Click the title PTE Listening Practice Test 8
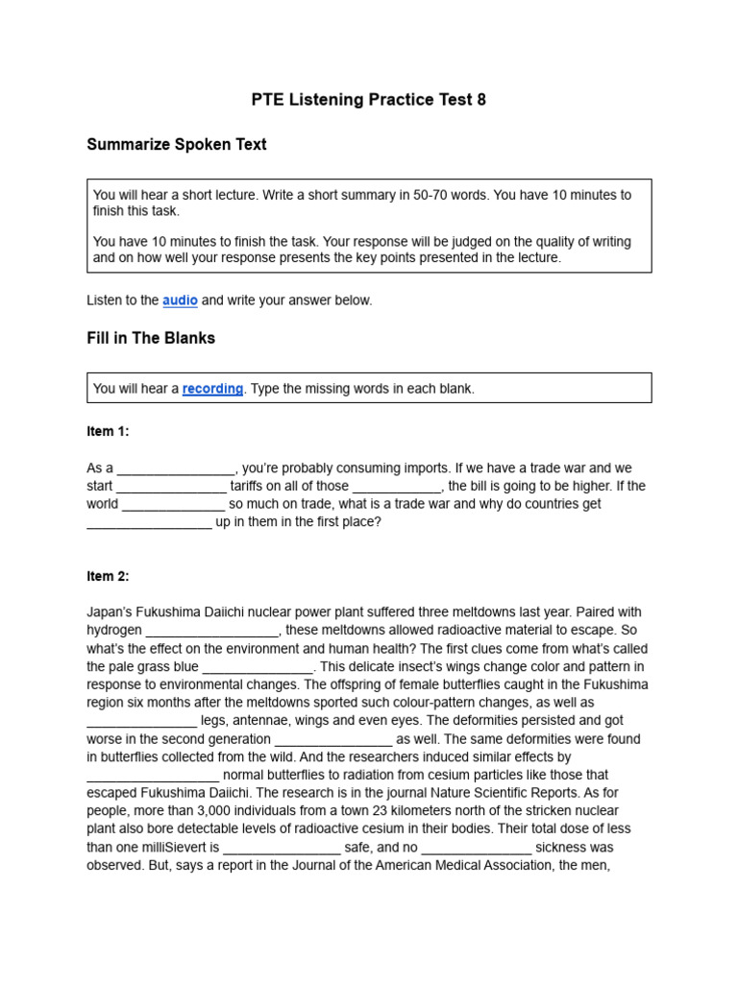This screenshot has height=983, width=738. click(x=368, y=100)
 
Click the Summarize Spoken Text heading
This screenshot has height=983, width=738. click(x=176, y=145)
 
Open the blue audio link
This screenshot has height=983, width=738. click(x=180, y=300)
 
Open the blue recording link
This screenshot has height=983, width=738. click(x=212, y=389)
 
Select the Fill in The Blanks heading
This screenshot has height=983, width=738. click(x=151, y=339)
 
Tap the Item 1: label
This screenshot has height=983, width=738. click(x=108, y=432)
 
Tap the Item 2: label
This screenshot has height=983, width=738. click(x=108, y=576)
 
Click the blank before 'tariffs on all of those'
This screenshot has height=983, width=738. click(x=171, y=487)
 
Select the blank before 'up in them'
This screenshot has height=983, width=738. click(x=149, y=523)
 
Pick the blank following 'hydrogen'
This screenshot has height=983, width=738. click(x=212, y=631)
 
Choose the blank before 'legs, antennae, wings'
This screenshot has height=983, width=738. click(x=142, y=721)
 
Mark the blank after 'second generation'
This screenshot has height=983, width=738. click(x=333, y=739)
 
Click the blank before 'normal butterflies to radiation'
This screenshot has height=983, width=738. click(x=153, y=776)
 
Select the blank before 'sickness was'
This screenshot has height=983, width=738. click(x=477, y=848)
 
